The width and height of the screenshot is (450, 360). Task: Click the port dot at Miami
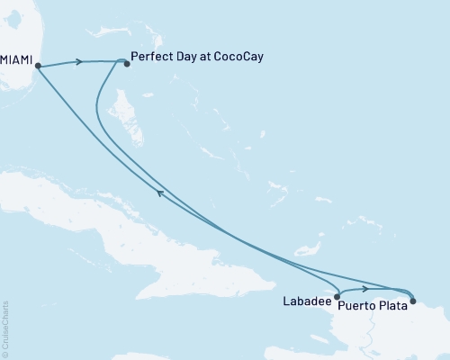click(37, 66)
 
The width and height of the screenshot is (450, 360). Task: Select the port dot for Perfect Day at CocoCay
click(125, 62)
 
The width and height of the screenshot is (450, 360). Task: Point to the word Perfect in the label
click(150, 56)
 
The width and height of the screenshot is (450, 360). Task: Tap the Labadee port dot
click(337, 295)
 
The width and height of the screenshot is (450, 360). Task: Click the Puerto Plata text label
click(373, 305)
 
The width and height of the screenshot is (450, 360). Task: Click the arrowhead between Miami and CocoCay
click(80, 62)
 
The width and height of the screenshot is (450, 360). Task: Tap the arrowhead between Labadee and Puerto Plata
click(364, 289)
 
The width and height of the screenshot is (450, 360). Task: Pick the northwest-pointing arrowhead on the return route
click(159, 192)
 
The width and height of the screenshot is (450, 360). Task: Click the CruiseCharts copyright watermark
click(5, 328)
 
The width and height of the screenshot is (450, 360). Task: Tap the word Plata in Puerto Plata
click(392, 305)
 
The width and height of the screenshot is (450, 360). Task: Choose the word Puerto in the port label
click(356, 305)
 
